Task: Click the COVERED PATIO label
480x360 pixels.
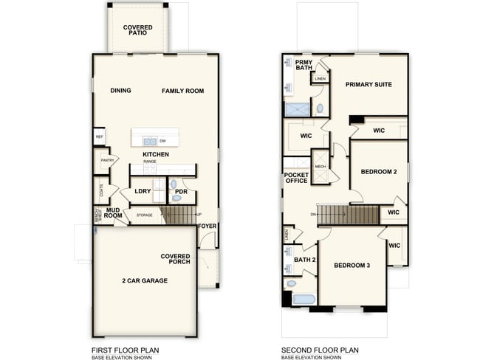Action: coord(137,30)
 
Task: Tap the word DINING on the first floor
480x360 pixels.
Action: coord(120,91)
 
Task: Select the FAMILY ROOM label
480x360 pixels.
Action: coord(183,91)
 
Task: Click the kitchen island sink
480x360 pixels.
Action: coord(148,141)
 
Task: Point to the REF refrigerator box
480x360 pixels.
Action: coord(99,136)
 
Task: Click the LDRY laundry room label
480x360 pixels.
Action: coord(143,191)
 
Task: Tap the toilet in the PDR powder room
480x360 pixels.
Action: coord(174,184)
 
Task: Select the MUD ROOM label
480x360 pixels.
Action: coord(113,212)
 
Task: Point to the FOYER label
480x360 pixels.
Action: coord(208,226)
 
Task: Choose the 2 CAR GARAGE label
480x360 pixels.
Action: coord(145,280)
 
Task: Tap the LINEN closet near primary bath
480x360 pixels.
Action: coord(320,79)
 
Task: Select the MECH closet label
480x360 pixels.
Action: coord(320,167)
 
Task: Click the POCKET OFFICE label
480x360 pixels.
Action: coord(296,178)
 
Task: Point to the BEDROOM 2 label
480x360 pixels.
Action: coord(379,172)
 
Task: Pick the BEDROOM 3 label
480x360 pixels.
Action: coord(352,266)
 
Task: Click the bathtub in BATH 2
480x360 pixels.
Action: coord(304,300)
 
